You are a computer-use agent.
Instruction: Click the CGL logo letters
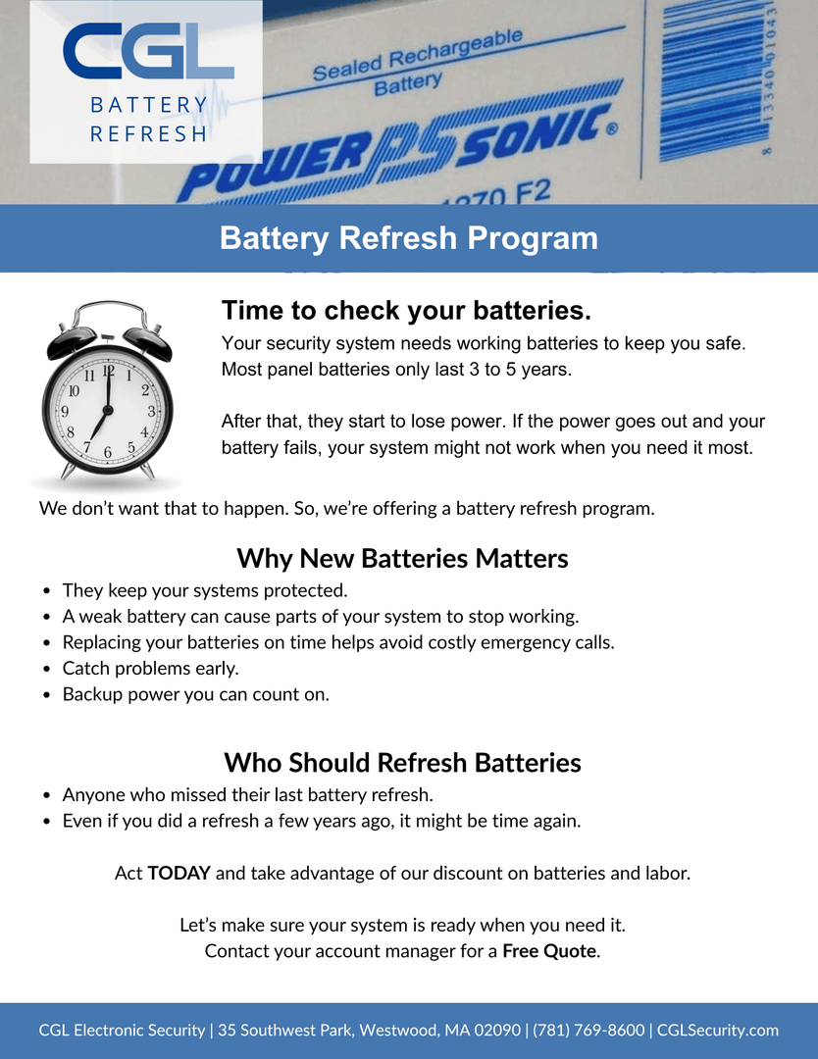coord(147,53)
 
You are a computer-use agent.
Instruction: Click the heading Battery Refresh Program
coord(409,238)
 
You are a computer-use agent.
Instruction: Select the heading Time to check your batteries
coord(406,311)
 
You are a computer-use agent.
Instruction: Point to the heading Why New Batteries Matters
coord(402,559)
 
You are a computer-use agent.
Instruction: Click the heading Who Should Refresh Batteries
coord(402,763)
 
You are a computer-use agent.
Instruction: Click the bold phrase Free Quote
coord(549,951)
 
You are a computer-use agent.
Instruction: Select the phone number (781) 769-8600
coord(588,1031)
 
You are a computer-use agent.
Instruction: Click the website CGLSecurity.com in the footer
coord(718,1031)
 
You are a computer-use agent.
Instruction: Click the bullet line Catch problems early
coord(150,668)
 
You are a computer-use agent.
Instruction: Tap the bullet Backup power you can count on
coord(195,694)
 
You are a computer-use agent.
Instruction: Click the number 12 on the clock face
coord(108,371)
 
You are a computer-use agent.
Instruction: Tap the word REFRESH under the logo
coord(148,133)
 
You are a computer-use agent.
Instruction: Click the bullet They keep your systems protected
coord(205,591)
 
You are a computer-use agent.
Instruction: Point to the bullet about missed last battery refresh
coord(247,795)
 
